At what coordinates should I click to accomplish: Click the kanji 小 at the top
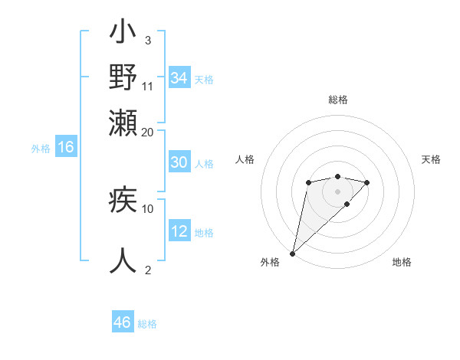(123, 35)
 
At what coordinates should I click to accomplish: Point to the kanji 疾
(123, 201)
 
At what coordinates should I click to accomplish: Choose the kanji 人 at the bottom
(123, 260)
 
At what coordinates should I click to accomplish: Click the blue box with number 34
(179, 78)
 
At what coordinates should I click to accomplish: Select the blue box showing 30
(179, 162)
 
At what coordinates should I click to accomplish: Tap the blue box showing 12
(179, 231)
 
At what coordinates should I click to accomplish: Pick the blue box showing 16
(66, 148)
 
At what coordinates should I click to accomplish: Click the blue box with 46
(123, 322)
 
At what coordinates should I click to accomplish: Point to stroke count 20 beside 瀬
(147, 132)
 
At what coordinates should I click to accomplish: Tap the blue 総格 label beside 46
(148, 324)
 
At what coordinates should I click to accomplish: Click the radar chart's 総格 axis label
(338, 100)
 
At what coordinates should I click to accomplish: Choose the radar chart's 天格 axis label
(432, 159)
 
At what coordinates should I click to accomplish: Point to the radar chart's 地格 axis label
(402, 262)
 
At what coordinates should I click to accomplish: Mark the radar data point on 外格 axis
(292, 253)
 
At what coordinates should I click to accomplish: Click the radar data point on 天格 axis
(367, 182)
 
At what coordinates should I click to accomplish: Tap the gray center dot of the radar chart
(338, 191)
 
